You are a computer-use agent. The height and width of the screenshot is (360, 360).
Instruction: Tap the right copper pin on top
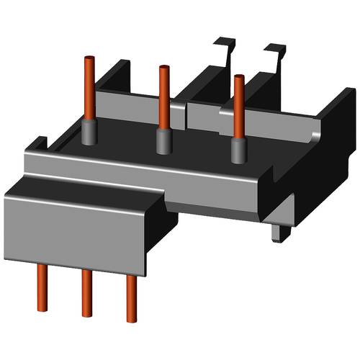point(238,104)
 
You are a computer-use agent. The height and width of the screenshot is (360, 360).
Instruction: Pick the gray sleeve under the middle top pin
point(163,141)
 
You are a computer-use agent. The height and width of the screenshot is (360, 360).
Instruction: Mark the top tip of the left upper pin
point(91,57)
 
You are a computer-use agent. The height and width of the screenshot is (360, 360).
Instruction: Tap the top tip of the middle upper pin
point(163,68)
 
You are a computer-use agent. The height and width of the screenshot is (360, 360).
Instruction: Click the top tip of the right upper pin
point(238,76)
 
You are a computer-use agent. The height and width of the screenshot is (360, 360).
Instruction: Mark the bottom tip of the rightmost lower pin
point(131,319)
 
